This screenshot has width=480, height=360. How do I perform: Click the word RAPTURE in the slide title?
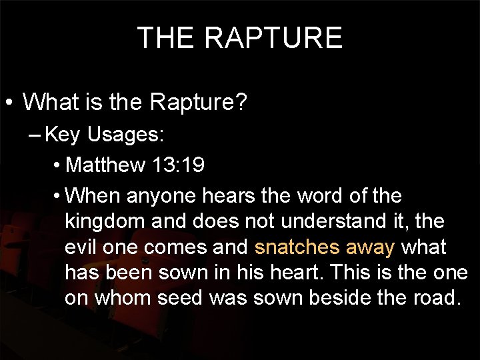click(274, 38)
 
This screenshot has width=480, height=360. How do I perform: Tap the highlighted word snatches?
click(297, 247)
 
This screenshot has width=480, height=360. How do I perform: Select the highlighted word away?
click(371, 247)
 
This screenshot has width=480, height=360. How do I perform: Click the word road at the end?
click(436, 298)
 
